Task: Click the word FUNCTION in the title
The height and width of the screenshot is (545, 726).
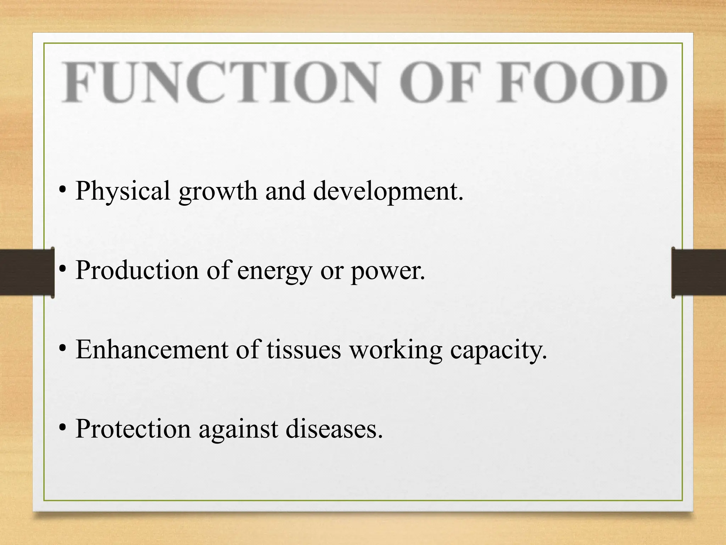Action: (220, 82)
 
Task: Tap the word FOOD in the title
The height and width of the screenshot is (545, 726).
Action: (581, 82)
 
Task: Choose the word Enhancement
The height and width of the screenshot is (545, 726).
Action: (152, 350)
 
